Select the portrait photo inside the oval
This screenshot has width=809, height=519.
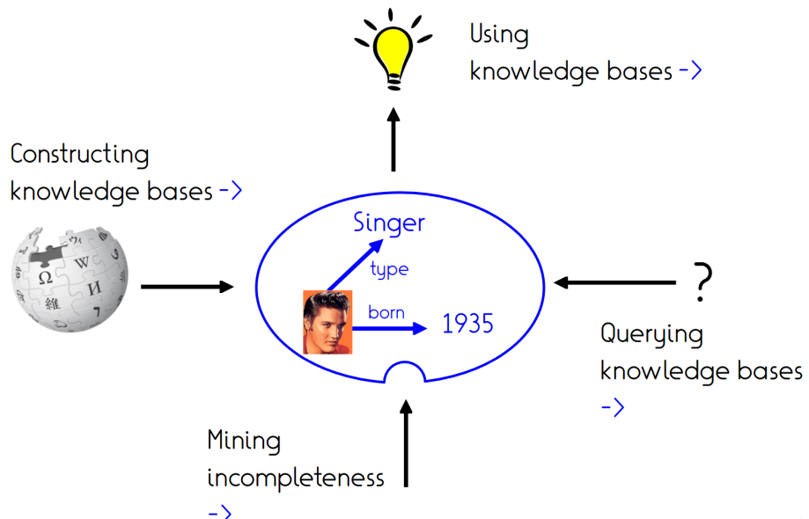[x=327, y=322]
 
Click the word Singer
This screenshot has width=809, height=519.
[x=388, y=223]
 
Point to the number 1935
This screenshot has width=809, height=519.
[x=467, y=325]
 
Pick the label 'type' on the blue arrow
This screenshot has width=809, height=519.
[x=389, y=269]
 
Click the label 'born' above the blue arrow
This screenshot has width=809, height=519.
[x=386, y=311]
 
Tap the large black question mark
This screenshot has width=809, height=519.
[x=702, y=282]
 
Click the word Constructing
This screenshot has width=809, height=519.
[x=79, y=155]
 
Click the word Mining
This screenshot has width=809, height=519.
[x=244, y=440]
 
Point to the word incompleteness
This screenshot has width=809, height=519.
[x=296, y=478]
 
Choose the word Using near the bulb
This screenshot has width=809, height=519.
[x=499, y=35]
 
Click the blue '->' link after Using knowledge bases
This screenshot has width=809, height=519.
[x=690, y=71]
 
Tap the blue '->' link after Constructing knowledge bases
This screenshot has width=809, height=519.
[x=230, y=190]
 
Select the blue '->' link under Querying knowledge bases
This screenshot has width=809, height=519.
[x=613, y=407]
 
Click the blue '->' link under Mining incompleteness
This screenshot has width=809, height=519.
[x=219, y=511]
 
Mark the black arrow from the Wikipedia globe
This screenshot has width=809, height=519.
[x=187, y=286]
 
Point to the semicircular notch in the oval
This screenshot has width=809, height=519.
[x=405, y=375]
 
